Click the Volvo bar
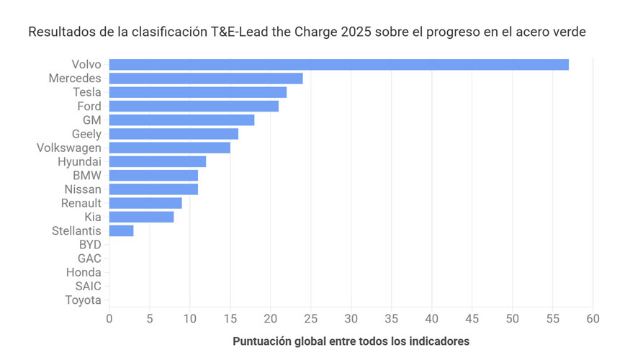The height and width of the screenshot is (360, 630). [x=338, y=65]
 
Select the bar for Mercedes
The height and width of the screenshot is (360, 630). [x=206, y=78]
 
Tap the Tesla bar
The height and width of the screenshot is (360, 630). [x=198, y=92]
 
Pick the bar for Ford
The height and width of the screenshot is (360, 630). [x=194, y=107]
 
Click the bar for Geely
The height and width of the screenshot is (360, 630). [x=174, y=134]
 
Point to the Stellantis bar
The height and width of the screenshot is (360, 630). [x=121, y=231]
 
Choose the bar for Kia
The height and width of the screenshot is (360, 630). [x=141, y=217]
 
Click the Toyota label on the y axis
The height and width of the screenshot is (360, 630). [x=83, y=300]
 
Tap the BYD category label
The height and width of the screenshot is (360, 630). [x=90, y=245]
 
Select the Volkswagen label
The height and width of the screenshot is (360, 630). [x=68, y=148]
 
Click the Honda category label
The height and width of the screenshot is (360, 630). [x=84, y=273]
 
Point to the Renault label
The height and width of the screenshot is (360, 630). [x=81, y=203]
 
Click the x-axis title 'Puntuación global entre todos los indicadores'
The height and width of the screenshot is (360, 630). [x=351, y=341]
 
